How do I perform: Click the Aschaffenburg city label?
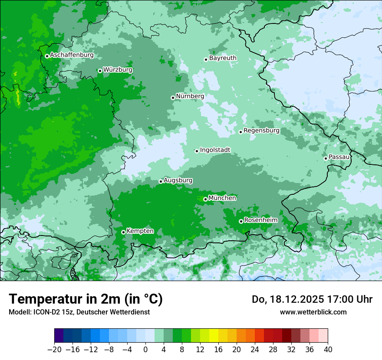[x=72, y=55]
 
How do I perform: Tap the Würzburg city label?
[x=118, y=70]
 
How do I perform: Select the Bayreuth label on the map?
[x=223, y=58]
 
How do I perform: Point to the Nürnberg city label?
[x=190, y=96]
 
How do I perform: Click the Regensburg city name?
[x=261, y=131]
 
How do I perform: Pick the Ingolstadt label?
[x=215, y=150]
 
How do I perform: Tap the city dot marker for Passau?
[x=326, y=158]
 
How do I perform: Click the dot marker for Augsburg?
[x=161, y=181]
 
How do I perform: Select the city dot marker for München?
[x=205, y=199]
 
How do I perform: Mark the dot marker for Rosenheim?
[x=241, y=221]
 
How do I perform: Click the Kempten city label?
[x=140, y=231]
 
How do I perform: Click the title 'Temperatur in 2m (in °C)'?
[x=86, y=299]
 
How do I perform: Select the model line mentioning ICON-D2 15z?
[x=79, y=312]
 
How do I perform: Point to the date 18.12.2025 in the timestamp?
[x=299, y=299]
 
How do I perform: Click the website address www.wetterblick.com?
[x=313, y=312]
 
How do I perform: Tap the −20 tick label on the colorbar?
[x=54, y=350]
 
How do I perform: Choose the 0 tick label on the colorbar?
[x=145, y=350]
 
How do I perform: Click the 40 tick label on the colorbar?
[x=328, y=350]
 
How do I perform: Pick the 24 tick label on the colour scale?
[x=255, y=350]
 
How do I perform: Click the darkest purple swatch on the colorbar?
[x=59, y=336]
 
